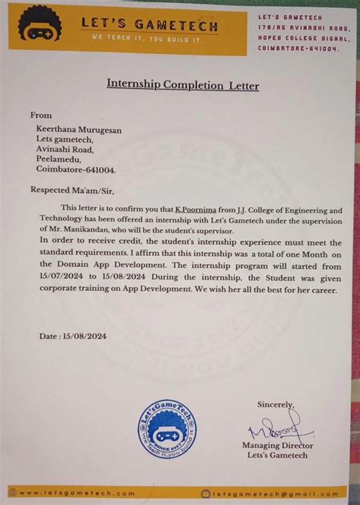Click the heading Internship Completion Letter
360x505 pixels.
(x=182, y=86)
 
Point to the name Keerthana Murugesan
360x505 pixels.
(x=79, y=130)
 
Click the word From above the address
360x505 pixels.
(x=41, y=115)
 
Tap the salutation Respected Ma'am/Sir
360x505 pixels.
(x=74, y=191)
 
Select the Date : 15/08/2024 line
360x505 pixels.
(x=73, y=336)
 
